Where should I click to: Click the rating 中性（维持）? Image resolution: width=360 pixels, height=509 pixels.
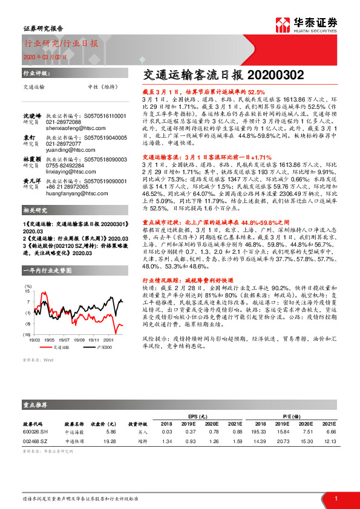[102, 87]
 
